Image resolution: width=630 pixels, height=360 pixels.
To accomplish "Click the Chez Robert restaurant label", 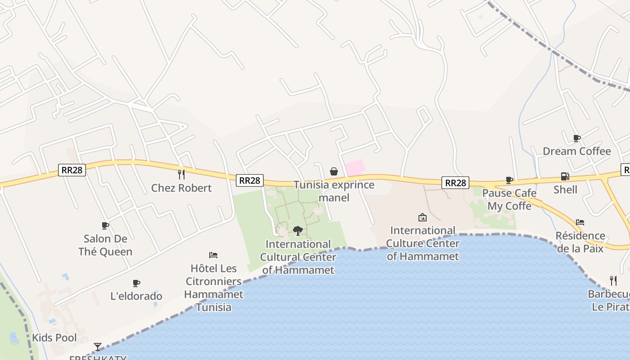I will [x=181, y=188].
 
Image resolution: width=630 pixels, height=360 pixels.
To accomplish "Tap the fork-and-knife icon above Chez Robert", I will [x=181, y=174].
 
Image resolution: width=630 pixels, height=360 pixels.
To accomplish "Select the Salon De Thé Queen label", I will [x=105, y=245].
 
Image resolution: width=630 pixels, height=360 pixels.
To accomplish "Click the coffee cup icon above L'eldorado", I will [x=136, y=283].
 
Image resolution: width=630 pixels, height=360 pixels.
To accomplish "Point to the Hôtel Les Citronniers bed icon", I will [x=213, y=255].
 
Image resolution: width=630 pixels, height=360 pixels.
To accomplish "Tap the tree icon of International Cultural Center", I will [x=297, y=231].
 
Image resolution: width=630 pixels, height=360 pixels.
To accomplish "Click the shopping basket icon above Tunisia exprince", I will [x=334, y=171].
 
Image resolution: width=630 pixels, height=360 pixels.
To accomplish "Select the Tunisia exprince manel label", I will [x=334, y=191].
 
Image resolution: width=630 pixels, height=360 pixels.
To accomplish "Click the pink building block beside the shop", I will [x=355, y=167].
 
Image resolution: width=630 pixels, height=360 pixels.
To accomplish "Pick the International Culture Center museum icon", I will [x=423, y=217].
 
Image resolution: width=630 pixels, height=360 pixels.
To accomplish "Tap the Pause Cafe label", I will [x=509, y=193].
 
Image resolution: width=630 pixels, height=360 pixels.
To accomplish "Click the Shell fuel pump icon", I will [x=565, y=176].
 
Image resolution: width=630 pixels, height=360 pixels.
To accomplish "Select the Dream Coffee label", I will [x=576, y=151].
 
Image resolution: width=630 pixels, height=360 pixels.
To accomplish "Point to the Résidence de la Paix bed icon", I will [x=580, y=222].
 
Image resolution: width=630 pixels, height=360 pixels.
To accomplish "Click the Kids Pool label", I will [x=54, y=338].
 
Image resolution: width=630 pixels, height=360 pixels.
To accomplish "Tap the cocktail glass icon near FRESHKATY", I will [x=98, y=346].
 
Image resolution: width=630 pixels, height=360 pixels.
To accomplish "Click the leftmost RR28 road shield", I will [x=72, y=170].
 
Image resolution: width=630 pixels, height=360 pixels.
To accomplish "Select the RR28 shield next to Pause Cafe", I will [x=455, y=182].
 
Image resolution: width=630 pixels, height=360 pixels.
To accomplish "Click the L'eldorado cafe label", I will [x=136, y=296].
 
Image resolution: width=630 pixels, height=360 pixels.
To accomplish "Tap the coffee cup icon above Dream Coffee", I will [x=576, y=138].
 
